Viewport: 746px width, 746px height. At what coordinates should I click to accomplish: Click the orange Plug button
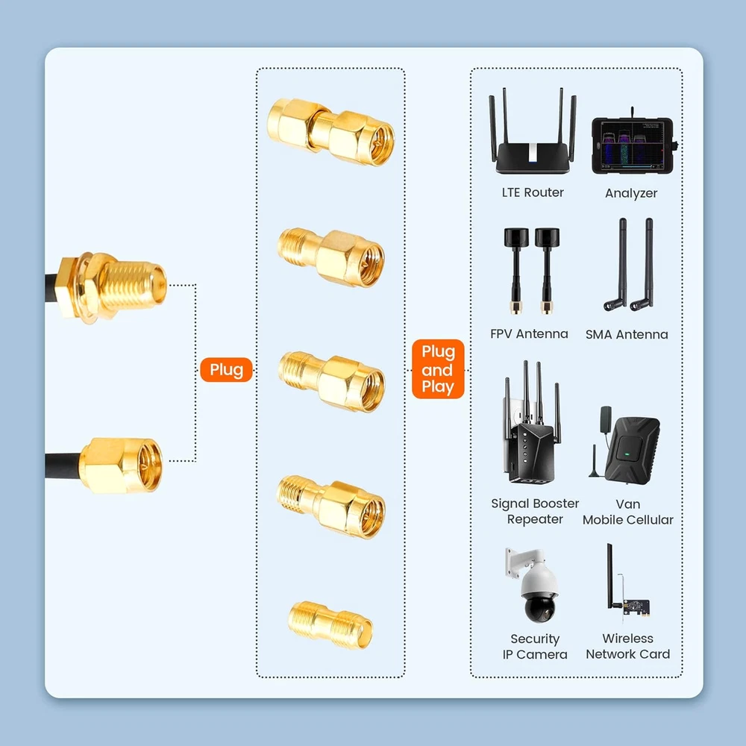coord(227,370)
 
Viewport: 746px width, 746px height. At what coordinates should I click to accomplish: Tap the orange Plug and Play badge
coord(438,369)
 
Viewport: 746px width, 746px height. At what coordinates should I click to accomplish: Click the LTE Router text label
coord(533,192)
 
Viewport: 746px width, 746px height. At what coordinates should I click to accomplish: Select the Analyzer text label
coord(631,193)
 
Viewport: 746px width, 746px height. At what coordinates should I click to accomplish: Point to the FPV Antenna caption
coord(529,334)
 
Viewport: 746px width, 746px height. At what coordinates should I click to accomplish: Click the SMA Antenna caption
coord(627,334)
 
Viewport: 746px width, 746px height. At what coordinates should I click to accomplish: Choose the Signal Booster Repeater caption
coord(535,511)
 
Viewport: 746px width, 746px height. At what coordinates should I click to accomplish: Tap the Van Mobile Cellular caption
coord(628,512)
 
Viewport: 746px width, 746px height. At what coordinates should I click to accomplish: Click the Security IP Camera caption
coord(535,646)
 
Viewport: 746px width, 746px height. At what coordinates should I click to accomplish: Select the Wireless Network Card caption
coord(627,645)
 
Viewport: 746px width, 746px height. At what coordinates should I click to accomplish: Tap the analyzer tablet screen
coord(632,145)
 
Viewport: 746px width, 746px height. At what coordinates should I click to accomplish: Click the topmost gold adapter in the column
coord(330,132)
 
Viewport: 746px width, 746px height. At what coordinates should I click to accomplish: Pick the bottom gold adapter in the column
coord(330,624)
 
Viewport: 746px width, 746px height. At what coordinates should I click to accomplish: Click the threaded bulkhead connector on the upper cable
coord(111,287)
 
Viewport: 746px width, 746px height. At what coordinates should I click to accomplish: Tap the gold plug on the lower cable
coord(121,466)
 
